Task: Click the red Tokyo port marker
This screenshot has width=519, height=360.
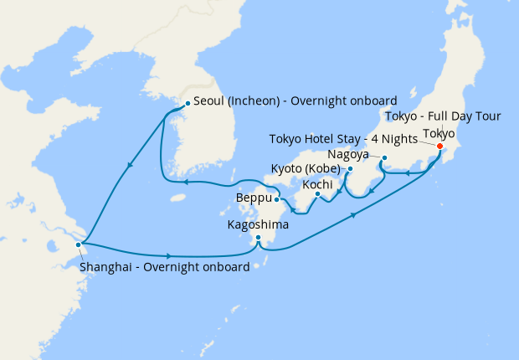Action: (440, 146)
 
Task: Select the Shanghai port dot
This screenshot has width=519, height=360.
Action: (79, 244)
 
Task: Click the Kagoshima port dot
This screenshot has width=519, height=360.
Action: (259, 239)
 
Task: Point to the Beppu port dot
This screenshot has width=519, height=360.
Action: (276, 199)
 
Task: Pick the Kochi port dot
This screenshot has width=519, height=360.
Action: (318, 195)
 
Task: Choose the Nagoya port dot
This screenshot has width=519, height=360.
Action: (384, 159)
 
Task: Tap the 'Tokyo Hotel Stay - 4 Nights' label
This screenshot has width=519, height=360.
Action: (344, 138)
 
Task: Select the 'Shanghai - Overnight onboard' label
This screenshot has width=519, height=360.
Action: (165, 267)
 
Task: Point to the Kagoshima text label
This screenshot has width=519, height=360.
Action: (259, 224)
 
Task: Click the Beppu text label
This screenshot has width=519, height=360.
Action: (254, 199)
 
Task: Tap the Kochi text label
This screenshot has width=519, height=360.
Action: (317, 183)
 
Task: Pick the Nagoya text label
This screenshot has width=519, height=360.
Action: (351, 155)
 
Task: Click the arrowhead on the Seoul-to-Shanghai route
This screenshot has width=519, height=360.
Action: (129, 169)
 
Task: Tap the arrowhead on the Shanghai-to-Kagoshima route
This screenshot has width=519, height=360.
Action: (171, 255)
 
